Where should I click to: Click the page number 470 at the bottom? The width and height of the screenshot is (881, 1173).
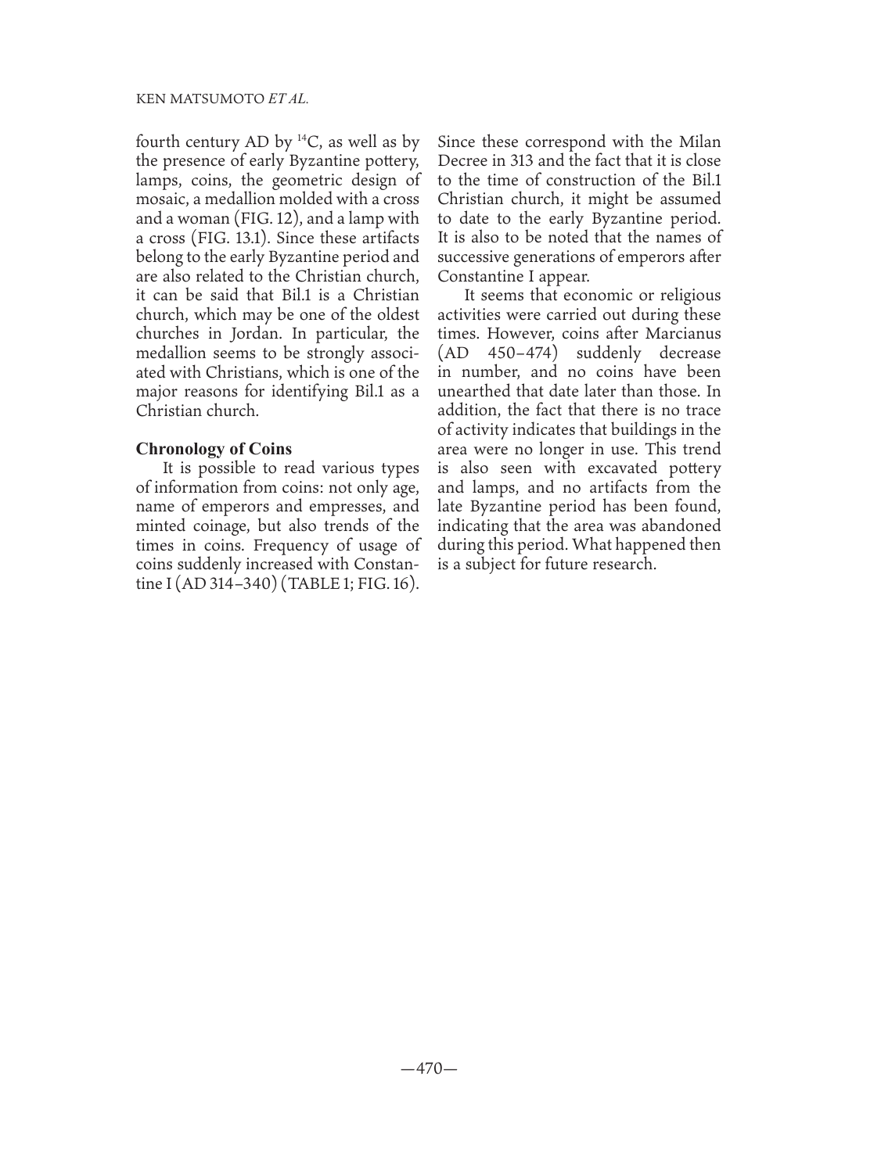[429, 1068]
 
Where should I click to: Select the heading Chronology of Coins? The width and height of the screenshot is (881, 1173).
[214, 449]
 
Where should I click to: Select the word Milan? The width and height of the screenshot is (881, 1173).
[699, 142]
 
